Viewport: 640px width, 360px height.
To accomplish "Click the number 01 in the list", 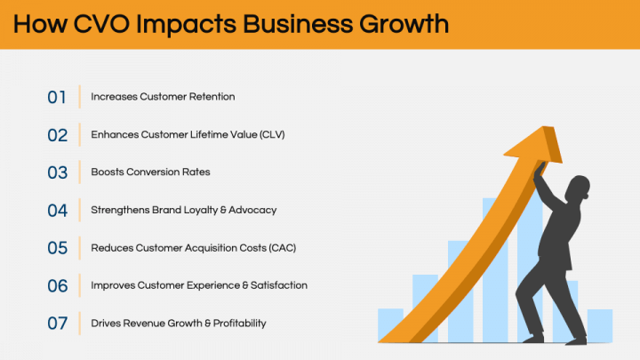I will (57, 97).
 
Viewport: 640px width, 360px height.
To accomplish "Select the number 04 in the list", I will (57, 211).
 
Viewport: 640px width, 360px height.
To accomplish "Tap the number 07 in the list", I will (57, 324).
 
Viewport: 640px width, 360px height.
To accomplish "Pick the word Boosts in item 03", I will (108, 172).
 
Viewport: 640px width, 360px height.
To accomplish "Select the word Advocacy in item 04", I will (254, 211).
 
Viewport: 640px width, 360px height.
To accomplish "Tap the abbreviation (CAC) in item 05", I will (280, 248).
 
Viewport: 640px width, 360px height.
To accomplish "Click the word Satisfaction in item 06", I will (275, 285).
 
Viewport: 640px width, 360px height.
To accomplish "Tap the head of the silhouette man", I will (577, 189).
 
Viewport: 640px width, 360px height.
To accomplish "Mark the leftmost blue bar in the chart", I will (390, 324).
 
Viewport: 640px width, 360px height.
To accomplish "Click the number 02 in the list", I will (57, 135).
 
